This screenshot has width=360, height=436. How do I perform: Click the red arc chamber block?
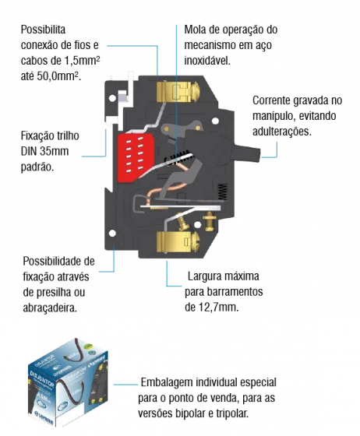(x=136, y=157)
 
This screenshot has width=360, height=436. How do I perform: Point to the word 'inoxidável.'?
(x=207, y=61)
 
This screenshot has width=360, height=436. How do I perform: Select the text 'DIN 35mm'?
(x=44, y=151)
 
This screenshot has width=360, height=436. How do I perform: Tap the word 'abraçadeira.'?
(x=50, y=308)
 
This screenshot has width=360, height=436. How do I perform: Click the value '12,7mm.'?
(x=219, y=308)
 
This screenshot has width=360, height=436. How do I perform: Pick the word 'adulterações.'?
(x=282, y=132)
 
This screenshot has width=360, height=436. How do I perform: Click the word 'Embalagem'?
(x=167, y=382)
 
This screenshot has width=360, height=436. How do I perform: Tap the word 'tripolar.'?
(x=232, y=413)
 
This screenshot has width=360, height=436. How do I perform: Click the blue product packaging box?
(x=68, y=383)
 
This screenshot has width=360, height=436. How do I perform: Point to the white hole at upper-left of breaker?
(x=112, y=98)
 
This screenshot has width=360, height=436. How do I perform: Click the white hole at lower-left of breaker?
(x=112, y=233)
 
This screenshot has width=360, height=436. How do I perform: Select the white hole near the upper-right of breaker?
(x=215, y=121)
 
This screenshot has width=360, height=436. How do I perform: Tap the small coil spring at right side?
(x=223, y=192)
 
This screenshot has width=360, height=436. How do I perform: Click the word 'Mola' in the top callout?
(x=195, y=30)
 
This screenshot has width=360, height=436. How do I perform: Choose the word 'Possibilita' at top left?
(x=43, y=30)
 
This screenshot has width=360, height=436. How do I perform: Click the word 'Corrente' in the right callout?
(x=271, y=100)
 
